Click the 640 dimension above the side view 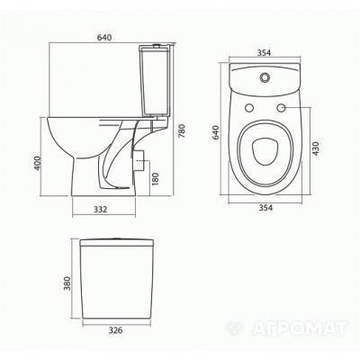point(104,38)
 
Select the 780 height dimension point(182,131)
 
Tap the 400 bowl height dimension point(37,163)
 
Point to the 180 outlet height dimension point(155,179)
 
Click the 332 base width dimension point(101,209)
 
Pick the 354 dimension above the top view point(264,52)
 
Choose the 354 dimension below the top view point(265,208)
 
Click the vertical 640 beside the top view point(216,132)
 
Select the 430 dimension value point(316,147)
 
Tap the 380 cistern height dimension point(67,283)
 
